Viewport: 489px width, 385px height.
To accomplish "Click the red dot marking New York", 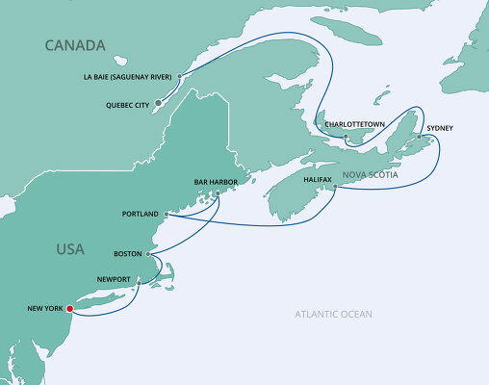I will click(x=68, y=309).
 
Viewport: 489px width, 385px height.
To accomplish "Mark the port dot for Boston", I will click(x=148, y=255).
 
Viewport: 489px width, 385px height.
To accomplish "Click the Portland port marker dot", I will click(x=167, y=214).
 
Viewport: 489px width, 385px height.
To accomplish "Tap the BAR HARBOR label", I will click(x=216, y=181).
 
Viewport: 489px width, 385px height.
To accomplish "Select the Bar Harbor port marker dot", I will click(x=218, y=192).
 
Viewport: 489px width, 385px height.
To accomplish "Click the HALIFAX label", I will click(x=317, y=179).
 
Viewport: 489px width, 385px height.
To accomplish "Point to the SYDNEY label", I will click(x=439, y=128).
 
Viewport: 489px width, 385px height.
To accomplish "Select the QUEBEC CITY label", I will click(x=124, y=107).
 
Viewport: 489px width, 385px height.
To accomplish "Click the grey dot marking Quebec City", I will click(x=159, y=100).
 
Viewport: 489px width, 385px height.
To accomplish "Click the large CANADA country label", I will click(x=73, y=45).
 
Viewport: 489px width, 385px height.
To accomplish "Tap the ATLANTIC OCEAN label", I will click(x=334, y=315).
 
